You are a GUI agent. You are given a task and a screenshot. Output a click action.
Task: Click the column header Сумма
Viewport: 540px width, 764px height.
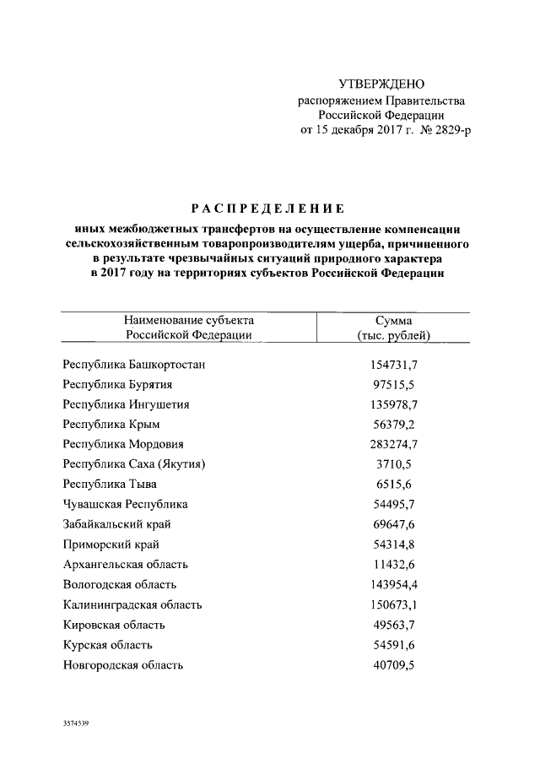click(394, 320)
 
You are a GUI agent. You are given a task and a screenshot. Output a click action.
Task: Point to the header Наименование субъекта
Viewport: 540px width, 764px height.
click(188, 320)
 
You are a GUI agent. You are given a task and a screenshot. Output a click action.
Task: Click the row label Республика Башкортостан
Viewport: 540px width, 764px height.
click(135, 364)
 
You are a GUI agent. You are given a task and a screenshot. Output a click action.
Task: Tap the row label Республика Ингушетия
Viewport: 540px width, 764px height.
click(127, 404)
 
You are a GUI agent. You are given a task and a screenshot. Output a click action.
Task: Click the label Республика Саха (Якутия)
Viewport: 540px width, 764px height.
click(135, 464)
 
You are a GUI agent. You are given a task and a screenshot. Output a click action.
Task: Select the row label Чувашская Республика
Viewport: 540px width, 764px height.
click(126, 504)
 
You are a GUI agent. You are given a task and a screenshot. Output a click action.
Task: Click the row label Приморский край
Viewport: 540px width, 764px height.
click(111, 545)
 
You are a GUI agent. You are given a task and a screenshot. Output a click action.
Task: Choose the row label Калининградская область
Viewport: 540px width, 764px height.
click(132, 604)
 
